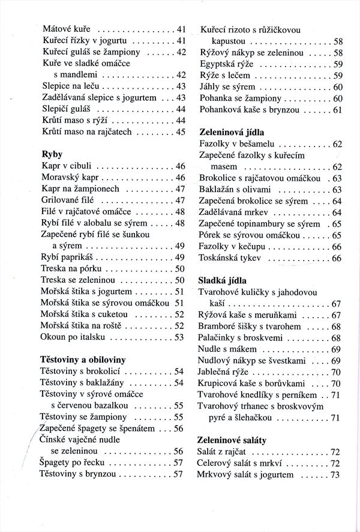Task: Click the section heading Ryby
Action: (x=53, y=154)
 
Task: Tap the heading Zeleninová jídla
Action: (x=231, y=130)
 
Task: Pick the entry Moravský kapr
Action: (x=70, y=178)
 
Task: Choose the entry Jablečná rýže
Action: (x=224, y=372)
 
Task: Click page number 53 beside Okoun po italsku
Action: (x=179, y=337)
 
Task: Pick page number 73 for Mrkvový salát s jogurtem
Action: (x=335, y=475)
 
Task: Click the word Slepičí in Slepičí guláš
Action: (x=57, y=109)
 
